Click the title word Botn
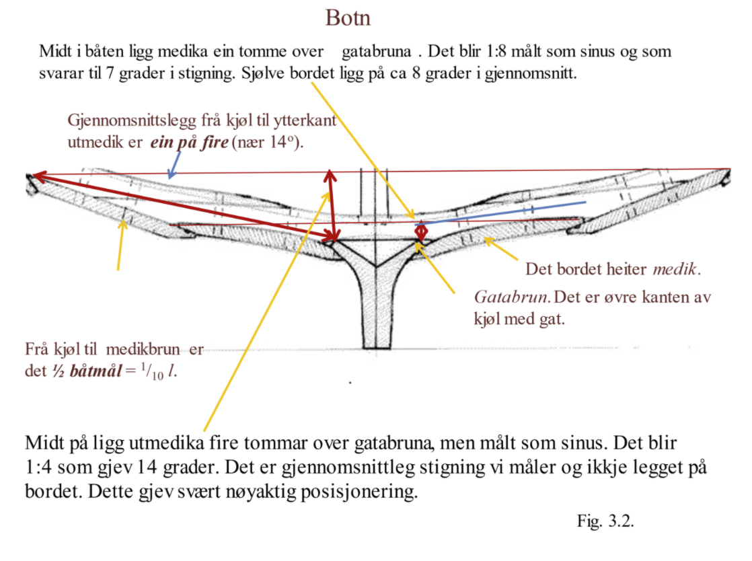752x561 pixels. pyautogui.click(x=348, y=17)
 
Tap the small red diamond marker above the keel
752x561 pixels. pyautogui.click(x=421, y=231)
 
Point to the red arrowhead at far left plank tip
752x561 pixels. pyautogui.click(x=37, y=176)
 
